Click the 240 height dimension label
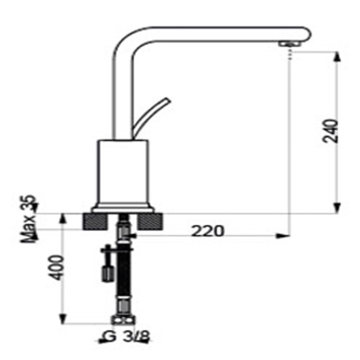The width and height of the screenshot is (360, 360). click(330, 131)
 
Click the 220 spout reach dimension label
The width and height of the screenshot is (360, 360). click(208, 231)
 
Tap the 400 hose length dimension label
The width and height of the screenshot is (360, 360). click(57, 267)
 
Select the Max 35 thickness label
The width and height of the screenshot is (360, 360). click(30, 219)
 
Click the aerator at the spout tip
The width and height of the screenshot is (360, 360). click(289, 44)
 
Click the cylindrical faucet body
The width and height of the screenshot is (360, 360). click(122, 172)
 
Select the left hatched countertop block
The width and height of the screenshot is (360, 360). click(94, 221)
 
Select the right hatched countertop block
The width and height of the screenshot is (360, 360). click(150, 221)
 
